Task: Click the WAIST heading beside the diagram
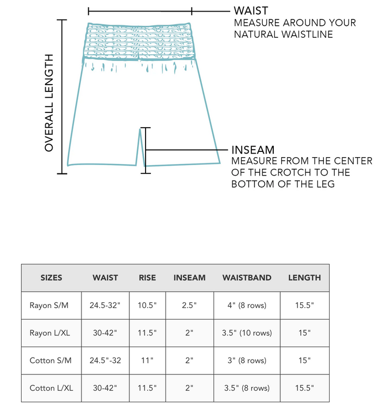pos(251,11)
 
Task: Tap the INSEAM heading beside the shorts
pos(253,150)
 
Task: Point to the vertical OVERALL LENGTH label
pos(49,103)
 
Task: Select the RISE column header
pos(147,278)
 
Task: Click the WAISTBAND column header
pos(247,278)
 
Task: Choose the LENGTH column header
pos(304,278)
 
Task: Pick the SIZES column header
pos(52,278)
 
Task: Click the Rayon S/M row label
pos(51,305)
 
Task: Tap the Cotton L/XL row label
pos(51,388)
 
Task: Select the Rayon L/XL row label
pos(51,333)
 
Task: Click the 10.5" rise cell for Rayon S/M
pos(147,305)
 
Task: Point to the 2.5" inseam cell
pos(189,305)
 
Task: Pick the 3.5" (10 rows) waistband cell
pos(247,333)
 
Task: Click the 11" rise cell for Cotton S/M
pos(147,361)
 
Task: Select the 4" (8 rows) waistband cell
pos(247,305)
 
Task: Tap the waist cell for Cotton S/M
pos(105,361)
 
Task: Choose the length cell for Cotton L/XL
pos(304,388)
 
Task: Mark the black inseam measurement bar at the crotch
pos(146,150)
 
